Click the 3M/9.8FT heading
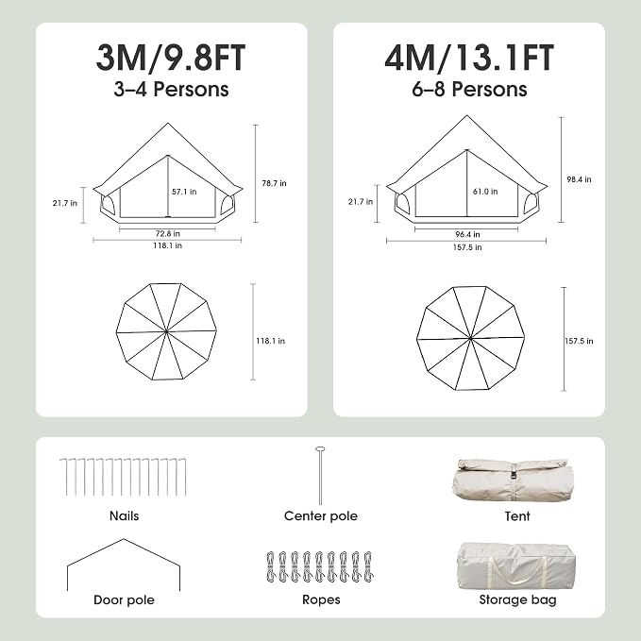(171, 58)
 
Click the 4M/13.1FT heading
(469, 58)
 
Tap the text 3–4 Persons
(171, 89)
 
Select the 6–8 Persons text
(469, 89)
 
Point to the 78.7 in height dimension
(274, 183)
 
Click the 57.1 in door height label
(184, 192)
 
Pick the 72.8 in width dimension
(168, 234)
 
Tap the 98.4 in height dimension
(579, 179)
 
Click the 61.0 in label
(485, 192)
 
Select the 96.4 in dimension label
(467, 234)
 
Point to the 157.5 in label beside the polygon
(579, 341)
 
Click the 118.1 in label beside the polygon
(270, 341)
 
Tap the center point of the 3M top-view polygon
(166, 332)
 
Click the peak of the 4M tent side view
(467, 116)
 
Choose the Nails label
(125, 515)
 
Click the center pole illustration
(320, 476)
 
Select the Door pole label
(125, 599)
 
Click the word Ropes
(321, 599)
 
